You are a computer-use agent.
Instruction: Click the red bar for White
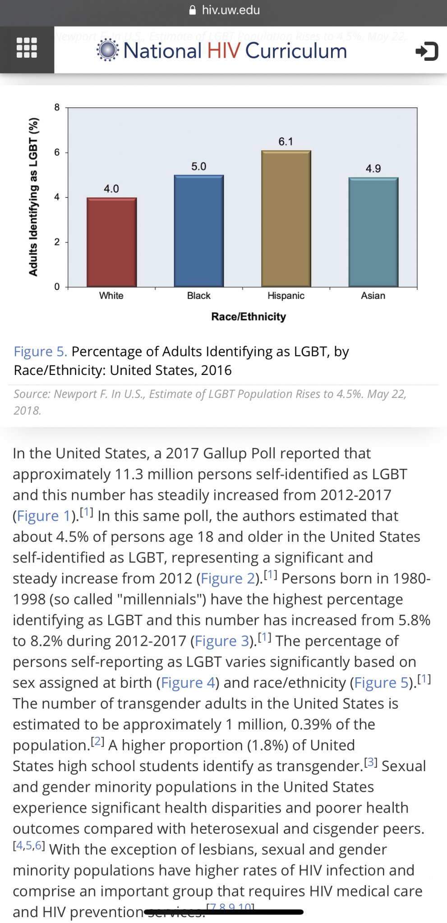tap(111, 242)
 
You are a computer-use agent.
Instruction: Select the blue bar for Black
tap(199, 231)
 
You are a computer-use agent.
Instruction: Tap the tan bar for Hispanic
tap(286, 219)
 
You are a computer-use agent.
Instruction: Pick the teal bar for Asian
tap(373, 232)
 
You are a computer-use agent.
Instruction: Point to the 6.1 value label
tap(286, 142)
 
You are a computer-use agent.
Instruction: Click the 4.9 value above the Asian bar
tap(373, 169)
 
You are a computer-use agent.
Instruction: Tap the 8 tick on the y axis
tap(57, 107)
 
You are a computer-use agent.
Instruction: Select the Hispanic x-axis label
tap(286, 296)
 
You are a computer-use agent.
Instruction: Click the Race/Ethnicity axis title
tap(249, 317)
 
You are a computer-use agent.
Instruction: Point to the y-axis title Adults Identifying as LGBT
tap(33, 197)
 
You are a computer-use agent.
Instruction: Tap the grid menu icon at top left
tap(27, 48)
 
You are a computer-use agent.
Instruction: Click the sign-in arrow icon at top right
tap(426, 51)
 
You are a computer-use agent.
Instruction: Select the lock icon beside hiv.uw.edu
tap(193, 10)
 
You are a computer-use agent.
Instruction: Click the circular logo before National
tap(108, 50)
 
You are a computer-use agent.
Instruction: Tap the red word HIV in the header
tap(224, 50)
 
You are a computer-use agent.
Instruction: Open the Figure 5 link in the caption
tap(40, 352)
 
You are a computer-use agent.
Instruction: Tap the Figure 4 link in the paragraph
tap(188, 683)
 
